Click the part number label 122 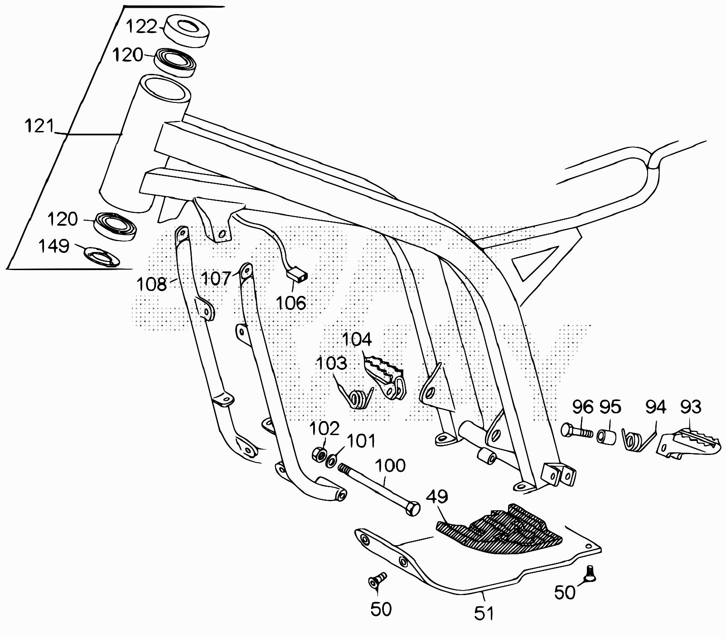(x=140, y=26)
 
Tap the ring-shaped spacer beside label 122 (x=186, y=30)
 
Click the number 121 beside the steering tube (x=39, y=126)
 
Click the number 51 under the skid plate (x=483, y=614)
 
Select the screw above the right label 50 (x=590, y=574)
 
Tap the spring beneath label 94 (x=635, y=440)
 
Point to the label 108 (x=151, y=284)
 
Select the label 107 (x=216, y=278)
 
